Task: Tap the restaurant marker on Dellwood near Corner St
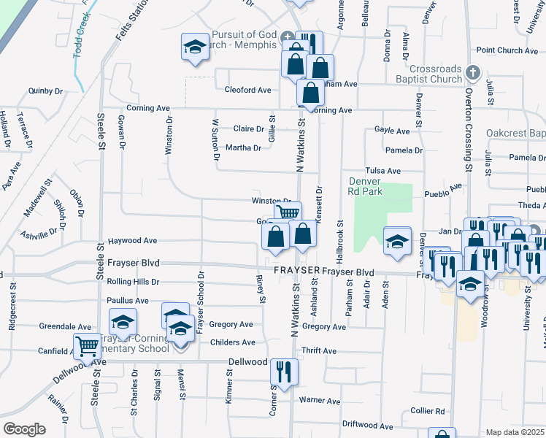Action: click(283, 372)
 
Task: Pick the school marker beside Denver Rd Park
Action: click(396, 242)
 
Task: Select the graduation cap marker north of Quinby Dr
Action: click(193, 47)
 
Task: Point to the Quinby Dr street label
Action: click(45, 91)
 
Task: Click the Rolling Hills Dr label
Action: click(133, 282)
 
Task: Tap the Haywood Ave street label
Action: click(133, 240)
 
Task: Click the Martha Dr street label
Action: click(243, 148)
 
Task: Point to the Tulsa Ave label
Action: click(383, 171)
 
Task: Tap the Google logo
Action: click(24, 429)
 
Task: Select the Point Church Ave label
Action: click(507, 50)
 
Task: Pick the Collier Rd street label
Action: click(428, 411)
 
